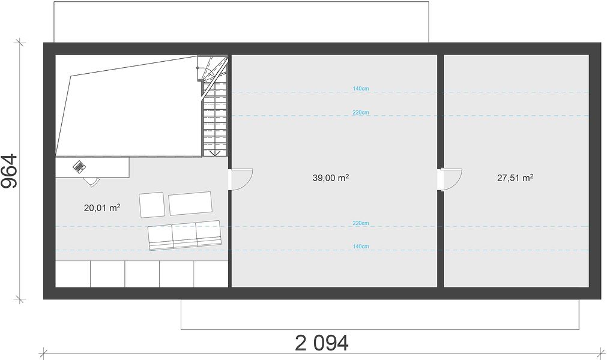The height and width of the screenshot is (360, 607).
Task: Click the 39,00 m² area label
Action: point(331,178)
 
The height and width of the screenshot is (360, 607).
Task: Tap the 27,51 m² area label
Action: point(515,178)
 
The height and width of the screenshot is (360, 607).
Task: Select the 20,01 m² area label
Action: point(102,208)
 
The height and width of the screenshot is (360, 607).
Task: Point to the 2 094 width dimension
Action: point(322,343)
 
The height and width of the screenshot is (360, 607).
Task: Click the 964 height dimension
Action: point(10,171)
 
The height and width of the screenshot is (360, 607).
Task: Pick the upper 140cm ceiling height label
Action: point(361,89)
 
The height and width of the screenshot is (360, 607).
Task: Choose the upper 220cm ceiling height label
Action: point(361,113)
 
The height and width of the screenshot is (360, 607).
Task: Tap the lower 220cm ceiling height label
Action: point(361,223)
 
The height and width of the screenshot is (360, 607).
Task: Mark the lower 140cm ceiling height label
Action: point(361,247)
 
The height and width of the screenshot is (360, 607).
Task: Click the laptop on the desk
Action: point(79,167)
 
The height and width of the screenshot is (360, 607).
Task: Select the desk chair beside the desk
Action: point(92,181)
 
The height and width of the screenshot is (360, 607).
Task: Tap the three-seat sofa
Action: point(185,235)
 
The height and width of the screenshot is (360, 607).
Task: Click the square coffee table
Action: point(152,205)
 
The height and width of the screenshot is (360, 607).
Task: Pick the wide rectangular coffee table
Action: point(190,203)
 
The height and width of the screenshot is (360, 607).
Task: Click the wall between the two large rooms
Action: point(441,170)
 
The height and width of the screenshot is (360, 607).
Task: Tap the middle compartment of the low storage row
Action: point(142,274)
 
